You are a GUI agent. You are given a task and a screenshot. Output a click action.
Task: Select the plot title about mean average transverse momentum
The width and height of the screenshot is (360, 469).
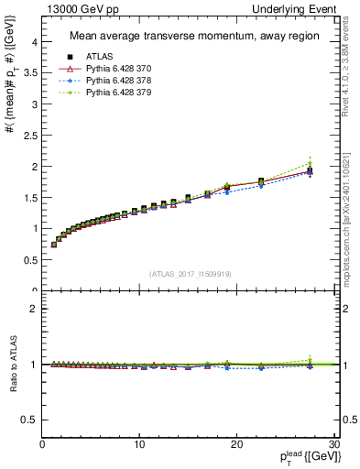click(189, 38)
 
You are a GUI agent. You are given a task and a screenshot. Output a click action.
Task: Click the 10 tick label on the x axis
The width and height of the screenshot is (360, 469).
click(139, 444)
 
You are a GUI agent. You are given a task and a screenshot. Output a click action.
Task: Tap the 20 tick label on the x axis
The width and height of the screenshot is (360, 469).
click(236, 444)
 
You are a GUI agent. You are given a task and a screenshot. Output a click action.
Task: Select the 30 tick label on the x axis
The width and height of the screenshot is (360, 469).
click(333, 444)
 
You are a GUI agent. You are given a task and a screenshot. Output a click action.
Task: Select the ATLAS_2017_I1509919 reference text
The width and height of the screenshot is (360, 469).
click(189, 273)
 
